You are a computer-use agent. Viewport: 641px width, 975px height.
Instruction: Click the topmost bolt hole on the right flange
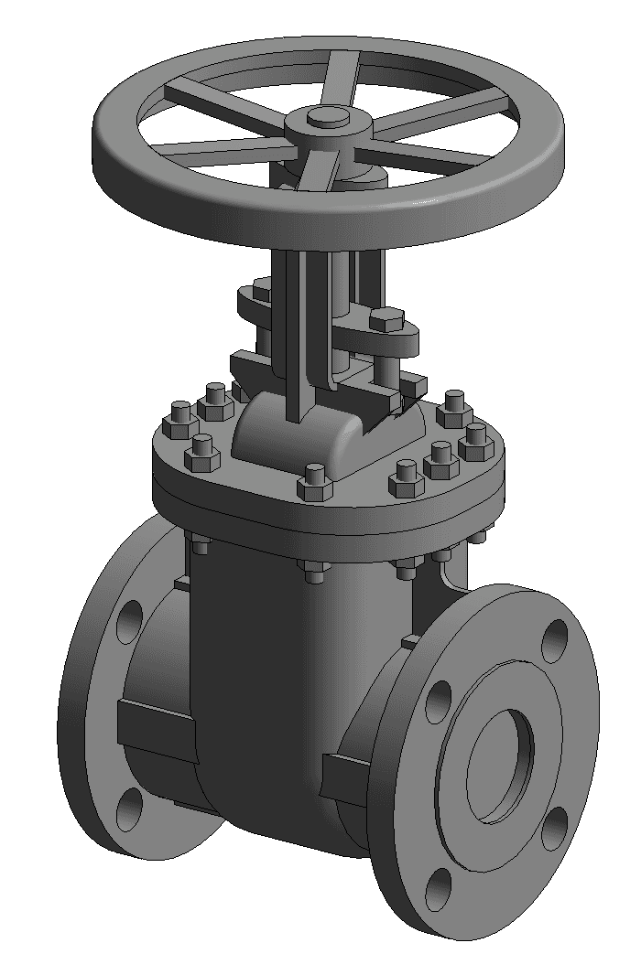(x=555, y=640)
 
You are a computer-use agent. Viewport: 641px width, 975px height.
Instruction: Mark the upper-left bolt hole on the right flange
(x=439, y=701)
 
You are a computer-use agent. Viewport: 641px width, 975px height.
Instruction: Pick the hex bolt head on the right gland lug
(x=386, y=320)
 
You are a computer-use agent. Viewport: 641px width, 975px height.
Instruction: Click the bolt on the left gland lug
(x=261, y=290)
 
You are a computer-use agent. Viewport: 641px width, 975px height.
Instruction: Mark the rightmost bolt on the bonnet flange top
(x=476, y=441)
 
